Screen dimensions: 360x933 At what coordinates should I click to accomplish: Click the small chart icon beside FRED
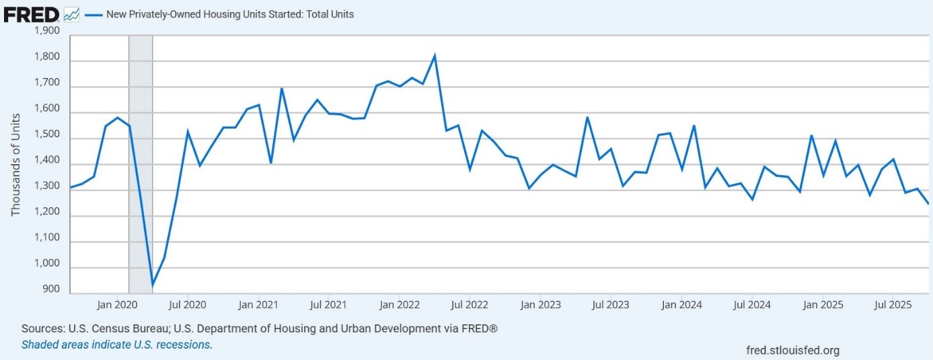tap(72, 13)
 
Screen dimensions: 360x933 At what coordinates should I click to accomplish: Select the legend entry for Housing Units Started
tap(229, 13)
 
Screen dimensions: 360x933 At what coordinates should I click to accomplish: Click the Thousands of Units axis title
tap(15, 164)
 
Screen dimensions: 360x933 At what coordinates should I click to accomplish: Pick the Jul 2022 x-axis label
tap(469, 305)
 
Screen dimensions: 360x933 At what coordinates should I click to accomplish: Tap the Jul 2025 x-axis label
tap(892, 305)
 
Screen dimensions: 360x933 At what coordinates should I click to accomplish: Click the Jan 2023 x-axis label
tap(540, 305)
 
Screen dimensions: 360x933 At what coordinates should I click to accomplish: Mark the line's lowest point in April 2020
tap(153, 285)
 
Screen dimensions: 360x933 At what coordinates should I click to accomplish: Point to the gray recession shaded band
tap(141, 161)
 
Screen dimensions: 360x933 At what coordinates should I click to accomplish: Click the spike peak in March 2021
tap(282, 88)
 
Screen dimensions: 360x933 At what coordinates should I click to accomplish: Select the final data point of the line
tap(928, 203)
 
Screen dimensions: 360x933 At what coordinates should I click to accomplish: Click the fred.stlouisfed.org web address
tap(792, 350)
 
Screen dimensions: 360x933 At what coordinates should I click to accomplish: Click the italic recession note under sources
tap(116, 345)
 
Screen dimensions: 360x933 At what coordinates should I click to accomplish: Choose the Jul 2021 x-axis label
tap(328, 305)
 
